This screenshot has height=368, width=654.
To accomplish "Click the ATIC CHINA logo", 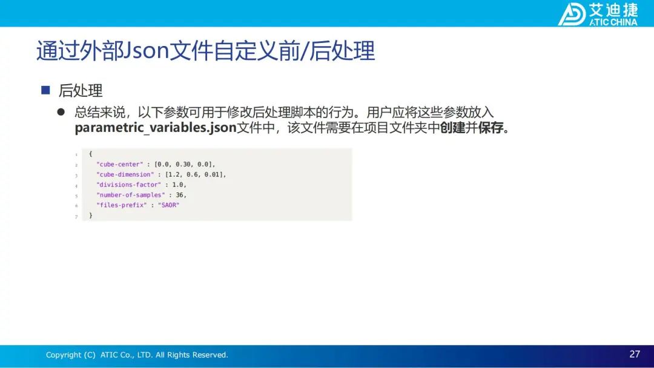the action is point(598,14).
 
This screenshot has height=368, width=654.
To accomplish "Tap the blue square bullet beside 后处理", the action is point(45,90).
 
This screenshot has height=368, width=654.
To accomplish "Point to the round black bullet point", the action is point(61,112).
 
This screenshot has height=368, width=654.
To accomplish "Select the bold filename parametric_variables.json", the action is point(156,128).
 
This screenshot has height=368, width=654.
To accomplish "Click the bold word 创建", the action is point(452,128).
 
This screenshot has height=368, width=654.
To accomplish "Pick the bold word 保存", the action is point(490,128).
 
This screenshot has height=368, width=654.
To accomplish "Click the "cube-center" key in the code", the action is point(120,164).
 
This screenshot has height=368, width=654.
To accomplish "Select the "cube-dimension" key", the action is point(125,175).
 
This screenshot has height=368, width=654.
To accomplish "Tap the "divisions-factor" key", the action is point(128,185).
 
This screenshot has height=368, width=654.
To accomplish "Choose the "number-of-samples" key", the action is point(131,195).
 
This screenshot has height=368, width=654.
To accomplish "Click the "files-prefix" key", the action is point(121,205).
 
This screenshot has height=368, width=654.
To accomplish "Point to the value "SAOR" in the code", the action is point(168,205).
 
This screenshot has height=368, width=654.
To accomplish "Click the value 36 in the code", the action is point(179,195).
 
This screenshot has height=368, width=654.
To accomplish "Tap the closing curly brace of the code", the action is point(90,215).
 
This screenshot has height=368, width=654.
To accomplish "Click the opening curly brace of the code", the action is point(90,154).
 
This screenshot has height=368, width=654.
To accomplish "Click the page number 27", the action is point(635,354).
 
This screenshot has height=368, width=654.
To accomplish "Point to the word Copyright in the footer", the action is point(64,355).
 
